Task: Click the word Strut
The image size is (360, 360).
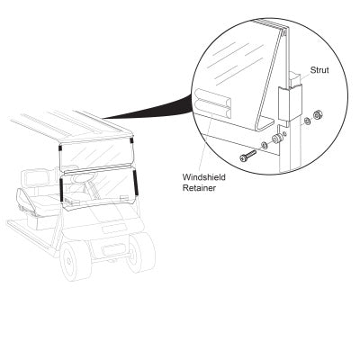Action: point(319,70)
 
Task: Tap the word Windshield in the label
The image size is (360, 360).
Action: point(204,177)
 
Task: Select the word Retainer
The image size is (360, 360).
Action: point(199,188)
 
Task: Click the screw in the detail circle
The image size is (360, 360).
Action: point(247,155)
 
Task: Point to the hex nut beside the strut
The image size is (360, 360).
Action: point(317,114)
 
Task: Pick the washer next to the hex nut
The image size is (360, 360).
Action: point(307,121)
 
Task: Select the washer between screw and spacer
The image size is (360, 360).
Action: point(265,146)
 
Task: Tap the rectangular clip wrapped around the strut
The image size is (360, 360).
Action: point(290,103)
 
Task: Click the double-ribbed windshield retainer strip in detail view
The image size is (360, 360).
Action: point(212,103)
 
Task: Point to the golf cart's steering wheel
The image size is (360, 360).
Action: point(80,179)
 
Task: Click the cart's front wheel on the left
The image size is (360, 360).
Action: point(76,260)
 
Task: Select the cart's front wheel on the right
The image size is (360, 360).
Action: point(140,251)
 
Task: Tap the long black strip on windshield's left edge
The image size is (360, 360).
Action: point(61,189)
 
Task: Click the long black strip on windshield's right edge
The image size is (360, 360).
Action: point(135,182)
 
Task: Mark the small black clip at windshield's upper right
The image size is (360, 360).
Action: point(131,140)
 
